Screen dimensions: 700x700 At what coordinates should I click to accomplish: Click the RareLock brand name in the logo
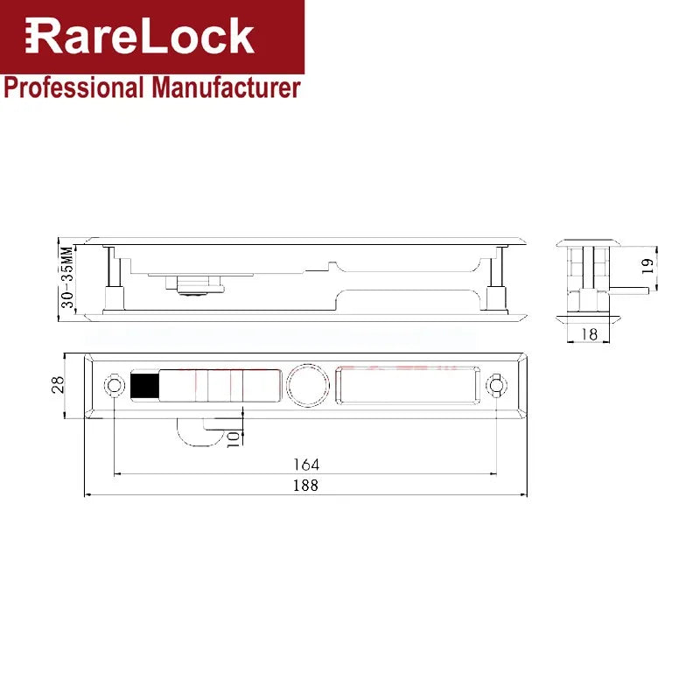(140, 36)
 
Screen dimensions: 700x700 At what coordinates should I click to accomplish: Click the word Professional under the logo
(73, 87)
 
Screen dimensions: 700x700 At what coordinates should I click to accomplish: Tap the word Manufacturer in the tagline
(226, 87)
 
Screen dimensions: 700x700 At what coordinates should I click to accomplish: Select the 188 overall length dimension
(305, 486)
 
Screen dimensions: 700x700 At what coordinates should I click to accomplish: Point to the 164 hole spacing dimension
(305, 465)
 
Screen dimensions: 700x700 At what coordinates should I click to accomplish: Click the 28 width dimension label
(58, 385)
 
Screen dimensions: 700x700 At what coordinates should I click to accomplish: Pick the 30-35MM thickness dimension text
(67, 276)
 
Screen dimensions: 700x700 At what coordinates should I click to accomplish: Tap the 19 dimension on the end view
(647, 267)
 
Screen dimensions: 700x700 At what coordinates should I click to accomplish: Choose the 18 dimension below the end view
(589, 334)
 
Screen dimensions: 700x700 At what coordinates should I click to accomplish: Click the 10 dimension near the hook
(233, 439)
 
